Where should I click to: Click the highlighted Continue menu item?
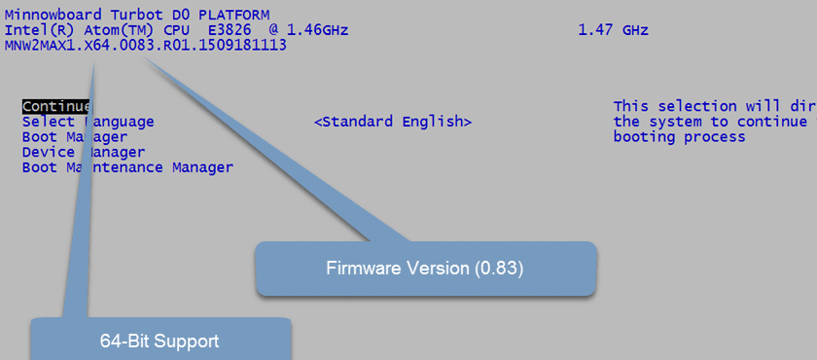pyautogui.click(x=55, y=106)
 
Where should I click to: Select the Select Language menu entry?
pyautogui.click(x=88, y=122)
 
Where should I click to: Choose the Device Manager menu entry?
pyautogui.click(x=84, y=152)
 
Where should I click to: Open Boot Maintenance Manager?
pyautogui.click(x=127, y=167)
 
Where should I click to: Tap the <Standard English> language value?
pyautogui.click(x=393, y=122)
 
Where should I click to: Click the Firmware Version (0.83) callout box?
pyautogui.click(x=425, y=269)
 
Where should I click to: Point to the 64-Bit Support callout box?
pyautogui.click(x=160, y=341)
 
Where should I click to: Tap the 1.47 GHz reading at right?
pyautogui.click(x=613, y=30)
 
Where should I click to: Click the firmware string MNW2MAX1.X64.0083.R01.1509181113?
pyautogui.click(x=146, y=45)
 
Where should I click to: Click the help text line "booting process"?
pyautogui.click(x=679, y=137)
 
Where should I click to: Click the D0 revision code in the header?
pyautogui.click(x=179, y=15)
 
